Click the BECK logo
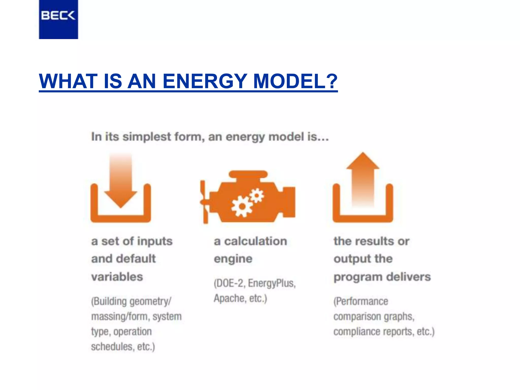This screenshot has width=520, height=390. click(58, 16)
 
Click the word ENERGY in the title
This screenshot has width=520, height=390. click(204, 81)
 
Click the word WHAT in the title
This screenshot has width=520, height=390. click(69, 81)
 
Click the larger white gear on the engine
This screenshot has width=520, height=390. click(242, 206)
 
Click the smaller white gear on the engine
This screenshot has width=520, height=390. click(257, 196)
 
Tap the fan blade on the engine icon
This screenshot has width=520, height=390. click(204, 202)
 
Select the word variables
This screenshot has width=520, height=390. click(117, 277)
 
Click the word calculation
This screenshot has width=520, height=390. click(255, 241)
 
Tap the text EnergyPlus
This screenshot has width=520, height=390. click(272, 283)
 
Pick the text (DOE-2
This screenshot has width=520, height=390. click(230, 283)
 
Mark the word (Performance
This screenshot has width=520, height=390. click(361, 301)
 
